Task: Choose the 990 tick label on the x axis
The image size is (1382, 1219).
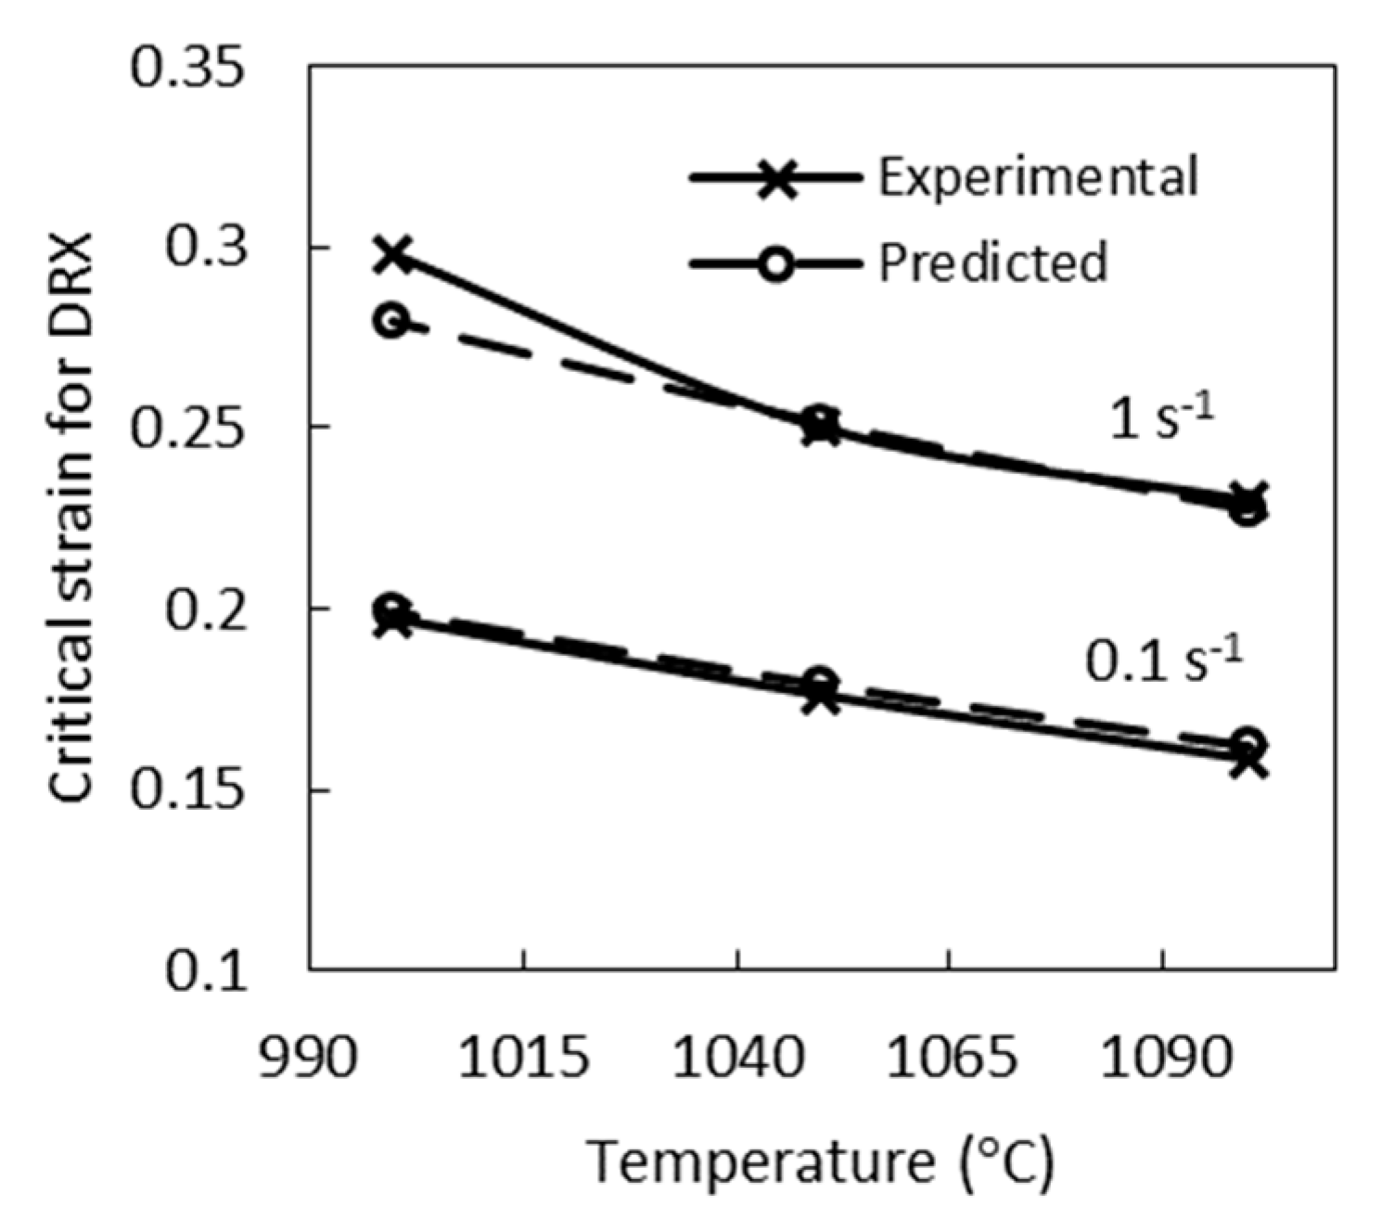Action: point(309,1057)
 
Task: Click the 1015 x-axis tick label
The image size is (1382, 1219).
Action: point(524,1057)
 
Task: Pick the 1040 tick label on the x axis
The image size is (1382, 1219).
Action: point(736,1057)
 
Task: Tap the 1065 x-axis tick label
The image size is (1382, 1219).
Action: point(950,1057)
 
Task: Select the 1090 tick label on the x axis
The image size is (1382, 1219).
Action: point(1163,1057)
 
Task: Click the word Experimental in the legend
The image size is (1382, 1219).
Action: point(1038,176)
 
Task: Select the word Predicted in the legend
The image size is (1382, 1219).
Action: point(992,263)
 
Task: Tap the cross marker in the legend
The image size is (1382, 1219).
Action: point(776,177)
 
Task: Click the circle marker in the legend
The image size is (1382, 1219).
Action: point(776,264)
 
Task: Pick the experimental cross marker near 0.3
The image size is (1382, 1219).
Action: point(392,254)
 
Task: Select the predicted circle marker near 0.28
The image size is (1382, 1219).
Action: point(392,322)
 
